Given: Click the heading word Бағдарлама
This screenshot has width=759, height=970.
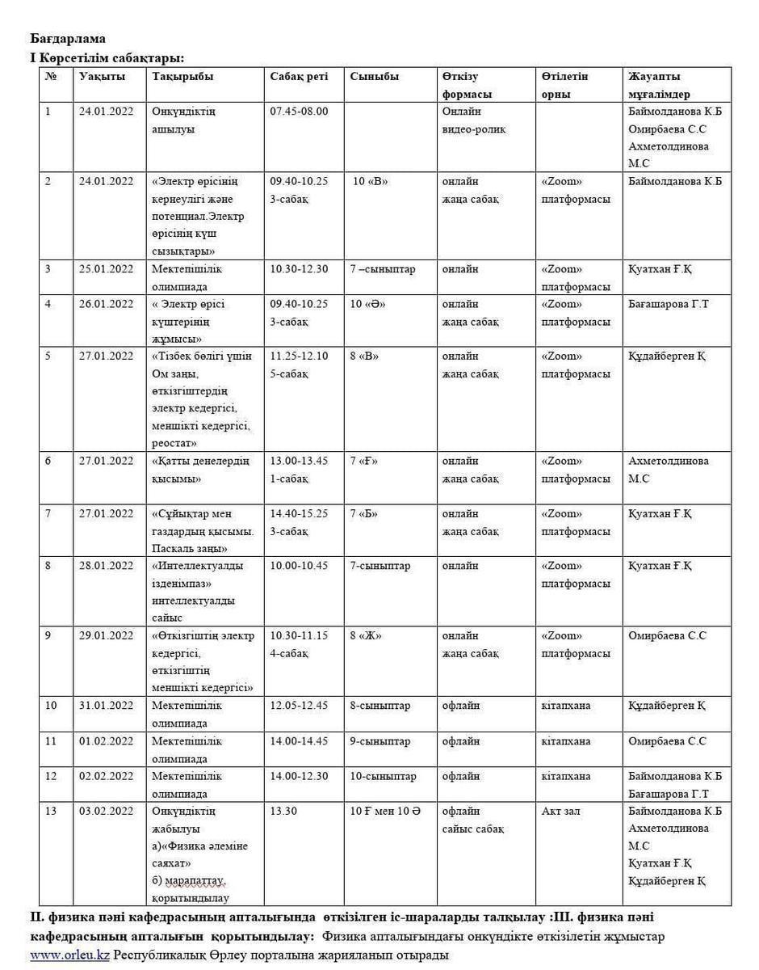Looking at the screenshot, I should click(x=68, y=38).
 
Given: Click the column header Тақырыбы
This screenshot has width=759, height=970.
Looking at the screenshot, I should click(x=182, y=76).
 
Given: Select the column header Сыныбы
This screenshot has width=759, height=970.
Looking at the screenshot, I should click(x=375, y=76).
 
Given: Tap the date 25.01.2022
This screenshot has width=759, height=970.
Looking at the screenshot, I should click(x=106, y=268).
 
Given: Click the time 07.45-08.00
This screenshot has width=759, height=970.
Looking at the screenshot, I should click(x=299, y=111).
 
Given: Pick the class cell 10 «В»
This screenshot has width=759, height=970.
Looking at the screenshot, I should click(x=371, y=181).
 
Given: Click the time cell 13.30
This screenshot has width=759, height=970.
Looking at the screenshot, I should click(x=283, y=811).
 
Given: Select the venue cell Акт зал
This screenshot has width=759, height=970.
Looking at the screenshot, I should click(x=560, y=811).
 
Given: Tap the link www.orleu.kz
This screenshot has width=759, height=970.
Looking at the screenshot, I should click(x=69, y=955).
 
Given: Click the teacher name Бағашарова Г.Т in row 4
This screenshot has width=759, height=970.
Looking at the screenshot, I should click(x=669, y=304).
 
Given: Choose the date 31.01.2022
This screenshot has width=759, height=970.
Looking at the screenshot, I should click(x=106, y=705).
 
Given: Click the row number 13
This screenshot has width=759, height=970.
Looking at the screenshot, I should click(x=51, y=811).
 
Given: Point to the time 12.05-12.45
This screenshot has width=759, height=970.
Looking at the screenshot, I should click(x=299, y=705).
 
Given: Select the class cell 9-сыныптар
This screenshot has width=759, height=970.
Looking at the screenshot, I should click(x=380, y=740).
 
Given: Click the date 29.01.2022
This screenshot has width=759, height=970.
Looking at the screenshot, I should click(x=106, y=635).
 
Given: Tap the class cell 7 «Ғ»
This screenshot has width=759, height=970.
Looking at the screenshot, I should click(x=364, y=461).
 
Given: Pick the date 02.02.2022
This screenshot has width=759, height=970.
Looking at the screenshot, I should click(x=106, y=776).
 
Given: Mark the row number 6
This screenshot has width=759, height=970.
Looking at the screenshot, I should click(x=48, y=461).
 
